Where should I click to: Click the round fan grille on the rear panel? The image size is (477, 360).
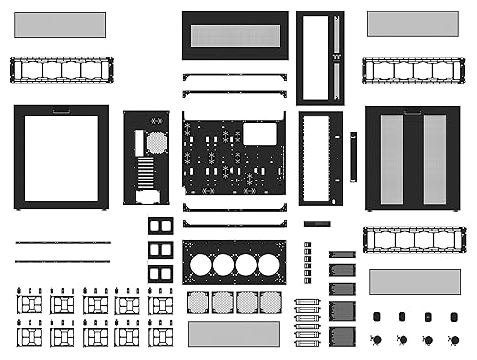tap(156, 142)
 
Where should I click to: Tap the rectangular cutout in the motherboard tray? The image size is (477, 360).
tap(259, 134)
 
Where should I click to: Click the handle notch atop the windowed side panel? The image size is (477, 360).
tap(61, 110)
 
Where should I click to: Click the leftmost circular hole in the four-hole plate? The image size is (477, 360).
tap(200, 264)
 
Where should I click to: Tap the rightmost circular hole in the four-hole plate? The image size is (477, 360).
tap(270, 264)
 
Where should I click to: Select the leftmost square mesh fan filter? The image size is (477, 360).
tap(198, 302)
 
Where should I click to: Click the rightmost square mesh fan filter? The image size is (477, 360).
tap(271, 302)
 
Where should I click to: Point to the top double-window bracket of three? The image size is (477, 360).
tap(160, 226)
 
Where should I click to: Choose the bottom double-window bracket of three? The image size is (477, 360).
tap(160, 274)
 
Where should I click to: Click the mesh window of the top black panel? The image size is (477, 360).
tap(235, 36)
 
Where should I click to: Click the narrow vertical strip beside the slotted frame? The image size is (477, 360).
tap(353, 157)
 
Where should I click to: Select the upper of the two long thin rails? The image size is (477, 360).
tap(62, 243)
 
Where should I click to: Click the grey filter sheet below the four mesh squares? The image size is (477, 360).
tap(234, 333)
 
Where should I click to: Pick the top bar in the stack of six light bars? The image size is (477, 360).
tap(306, 302)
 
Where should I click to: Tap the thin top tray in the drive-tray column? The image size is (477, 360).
tap(342, 255)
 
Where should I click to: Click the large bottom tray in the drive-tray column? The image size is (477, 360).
tap(342, 335)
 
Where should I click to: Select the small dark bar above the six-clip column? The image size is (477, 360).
tap(317, 223)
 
